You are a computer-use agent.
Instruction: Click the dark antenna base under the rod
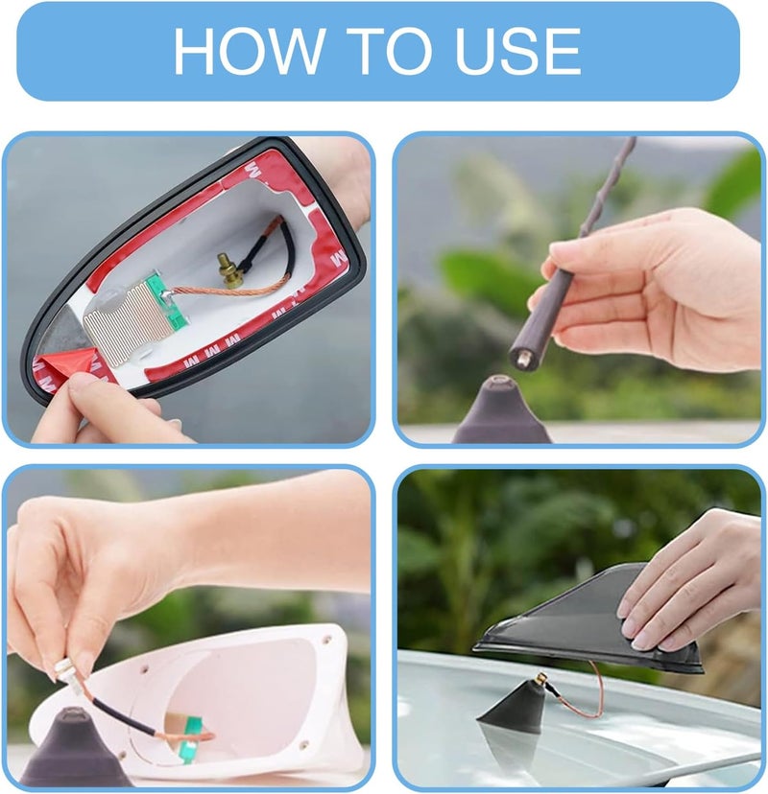[501, 411]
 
